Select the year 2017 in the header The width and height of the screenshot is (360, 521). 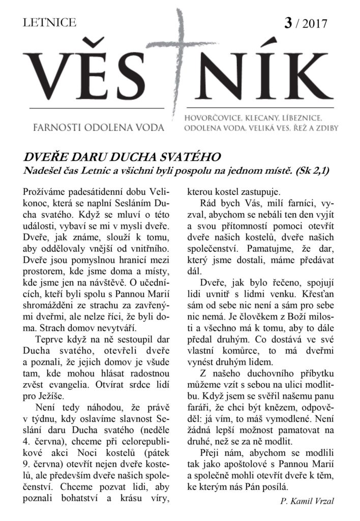(x=316, y=24)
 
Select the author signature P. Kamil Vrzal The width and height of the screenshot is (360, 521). (x=307, y=501)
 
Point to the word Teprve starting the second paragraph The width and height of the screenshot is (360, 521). (x=51, y=338)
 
